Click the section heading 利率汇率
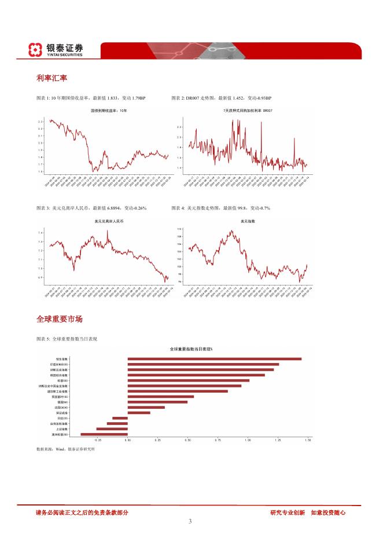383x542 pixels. [49, 77]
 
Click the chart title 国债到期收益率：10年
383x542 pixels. [109, 110]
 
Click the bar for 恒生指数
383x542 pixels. [214, 359]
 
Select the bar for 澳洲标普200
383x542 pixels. [104, 434]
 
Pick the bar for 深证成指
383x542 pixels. [139, 412]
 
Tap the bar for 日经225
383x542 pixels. [120, 418]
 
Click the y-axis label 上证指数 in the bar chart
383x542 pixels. [62, 429]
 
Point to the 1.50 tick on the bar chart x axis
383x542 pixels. [307, 441]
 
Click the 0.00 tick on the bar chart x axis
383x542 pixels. [128, 441]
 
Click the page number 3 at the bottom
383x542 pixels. [190, 521]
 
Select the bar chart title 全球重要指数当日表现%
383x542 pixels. [191, 349]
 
